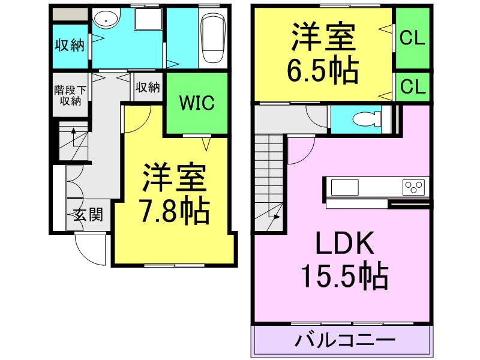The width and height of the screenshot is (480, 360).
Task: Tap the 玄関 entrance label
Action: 88,215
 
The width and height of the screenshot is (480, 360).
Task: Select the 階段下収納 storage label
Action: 70,95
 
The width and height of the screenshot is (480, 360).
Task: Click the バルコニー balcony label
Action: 345,341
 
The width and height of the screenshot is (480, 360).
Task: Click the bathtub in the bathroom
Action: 212,39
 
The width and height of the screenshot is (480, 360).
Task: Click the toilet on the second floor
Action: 365,119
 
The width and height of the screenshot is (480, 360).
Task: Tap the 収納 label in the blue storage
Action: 70,45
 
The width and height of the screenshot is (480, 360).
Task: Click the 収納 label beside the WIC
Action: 148,87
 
